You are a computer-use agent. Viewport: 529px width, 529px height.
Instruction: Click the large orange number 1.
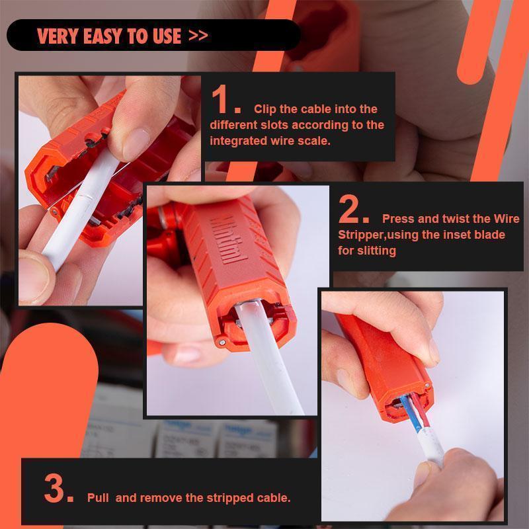(x=225, y=102)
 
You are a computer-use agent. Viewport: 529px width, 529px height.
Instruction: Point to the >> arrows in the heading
(x=198, y=36)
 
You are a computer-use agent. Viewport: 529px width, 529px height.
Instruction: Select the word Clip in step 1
(x=265, y=109)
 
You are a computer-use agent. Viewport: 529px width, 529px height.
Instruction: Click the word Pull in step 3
(x=98, y=498)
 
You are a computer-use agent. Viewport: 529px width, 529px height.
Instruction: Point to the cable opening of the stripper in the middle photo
(x=253, y=317)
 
